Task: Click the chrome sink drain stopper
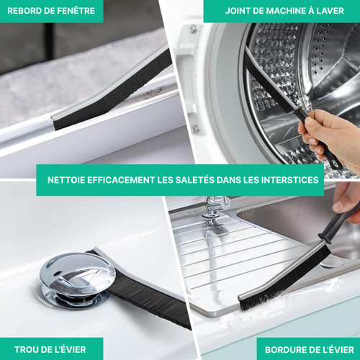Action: [x=76, y=280]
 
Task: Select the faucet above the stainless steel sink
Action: [x=215, y=208]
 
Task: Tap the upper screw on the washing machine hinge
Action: [x=193, y=30]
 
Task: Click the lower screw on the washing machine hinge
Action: [x=196, y=129]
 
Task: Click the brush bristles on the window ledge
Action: [x=113, y=92]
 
